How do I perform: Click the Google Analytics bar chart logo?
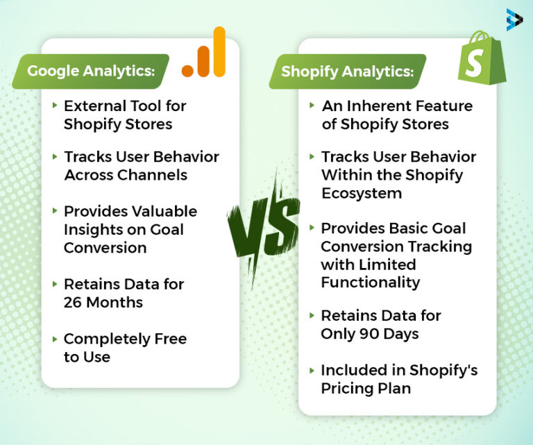tap(204, 53)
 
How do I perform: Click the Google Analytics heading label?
tap(90, 72)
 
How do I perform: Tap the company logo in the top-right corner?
tap(514, 19)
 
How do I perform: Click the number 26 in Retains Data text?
tap(73, 303)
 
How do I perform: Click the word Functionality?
tap(370, 283)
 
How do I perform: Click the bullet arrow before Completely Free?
tap(55, 339)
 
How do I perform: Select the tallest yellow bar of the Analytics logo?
tap(219, 51)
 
